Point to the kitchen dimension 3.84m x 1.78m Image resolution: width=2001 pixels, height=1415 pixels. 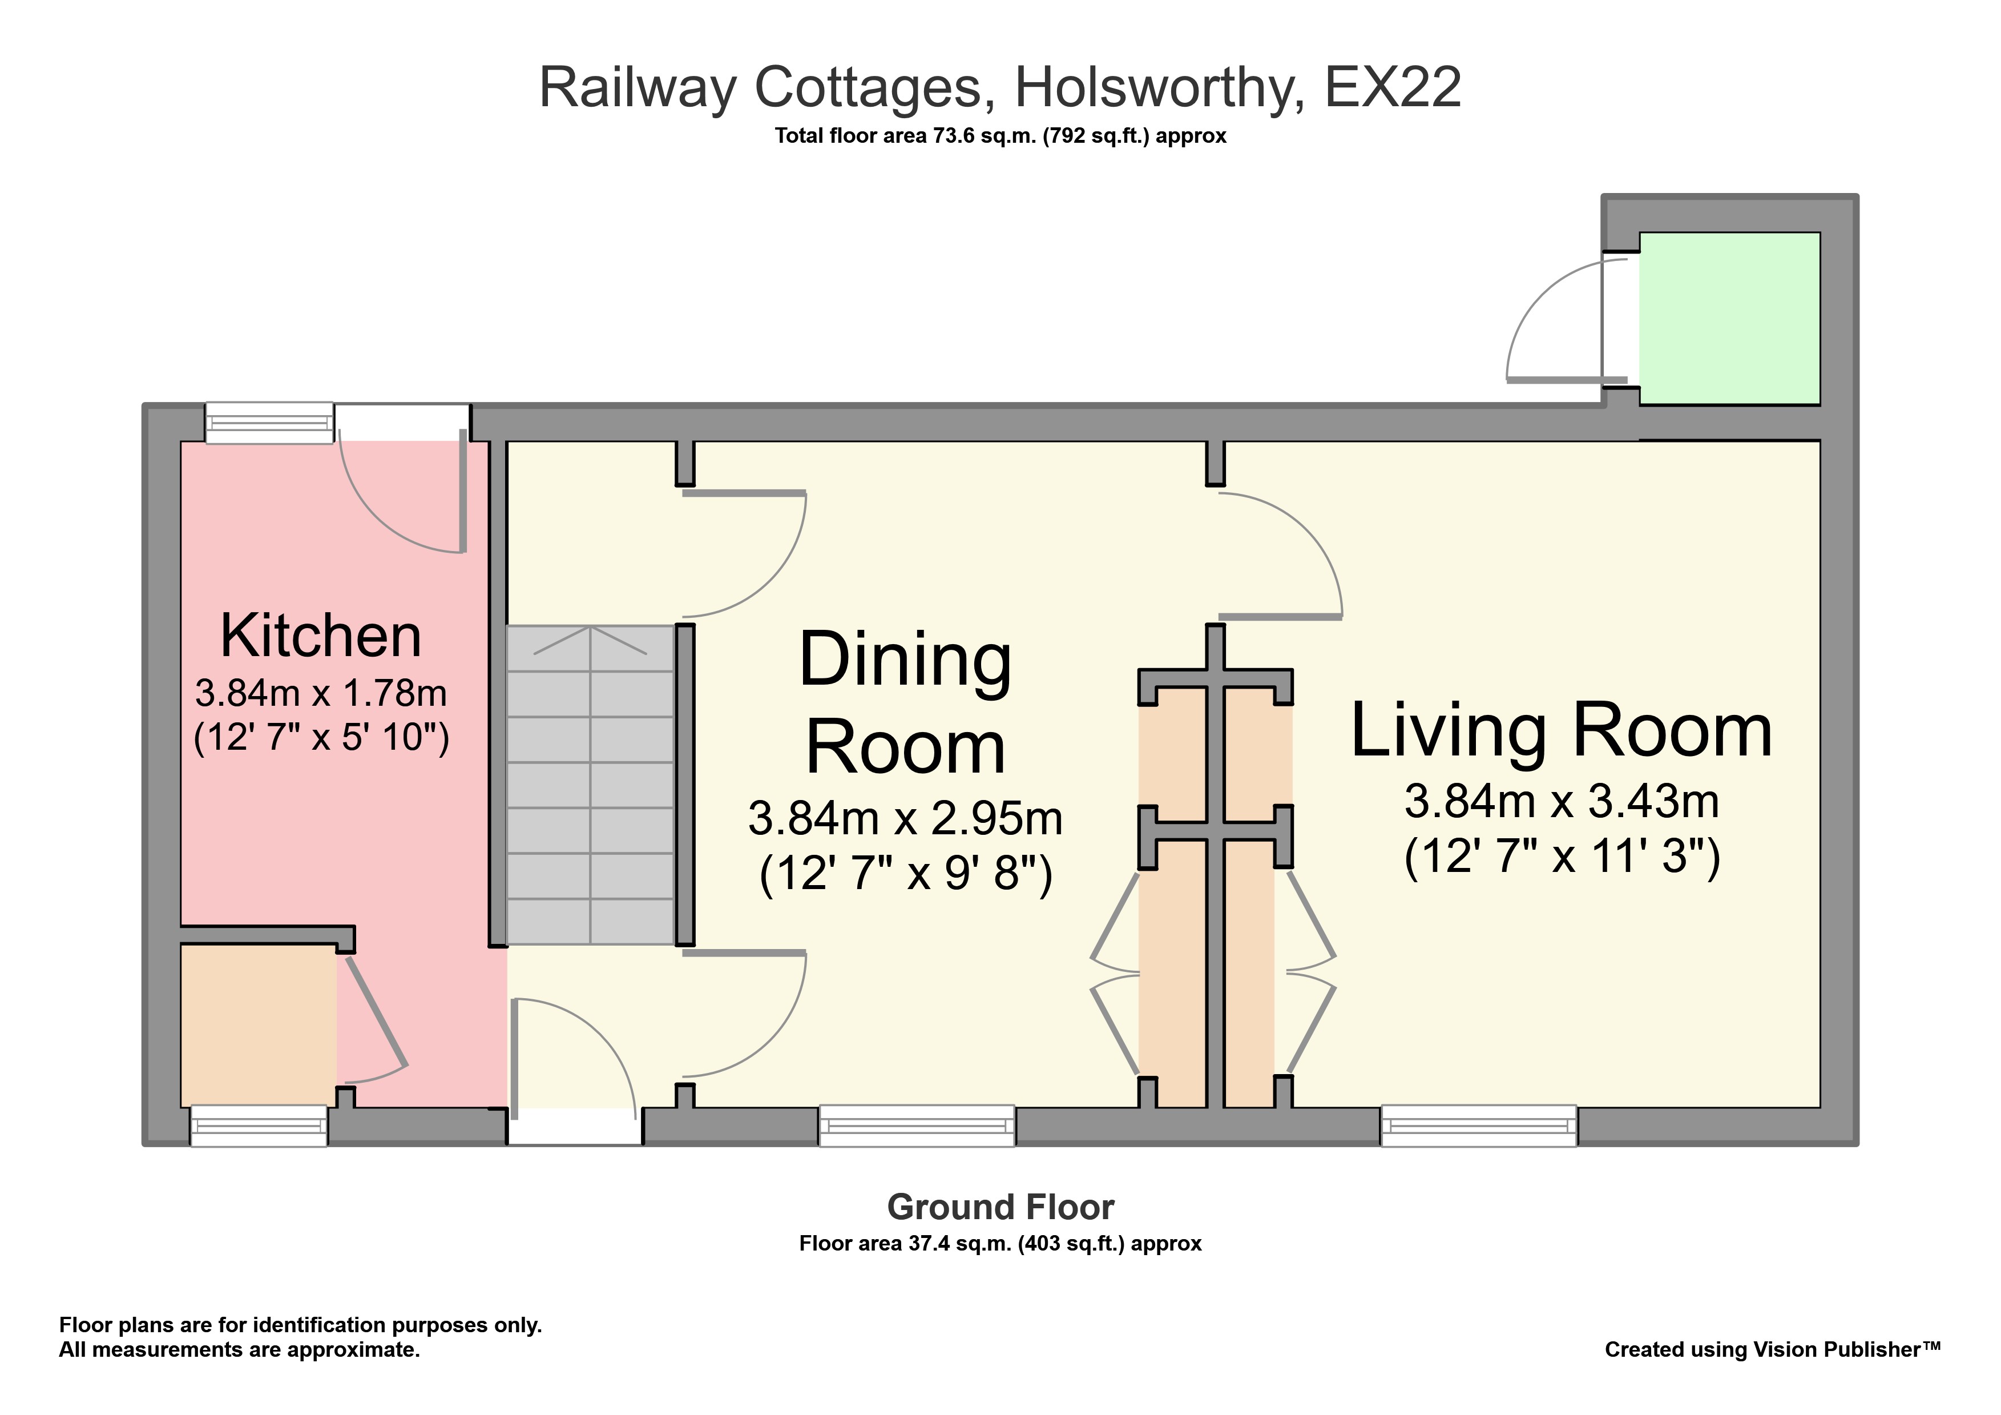point(321,694)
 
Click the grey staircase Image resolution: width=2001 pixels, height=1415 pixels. point(591,785)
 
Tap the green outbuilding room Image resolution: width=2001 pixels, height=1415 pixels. point(1729,318)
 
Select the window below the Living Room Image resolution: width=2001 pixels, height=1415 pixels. point(1478,1125)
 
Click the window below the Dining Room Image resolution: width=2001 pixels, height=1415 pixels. point(916,1125)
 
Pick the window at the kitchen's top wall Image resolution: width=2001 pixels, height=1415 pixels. point(269,423)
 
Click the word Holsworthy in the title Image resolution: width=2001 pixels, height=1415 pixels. point(1159,88)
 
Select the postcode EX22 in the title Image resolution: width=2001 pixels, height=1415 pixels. point(1392,88)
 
